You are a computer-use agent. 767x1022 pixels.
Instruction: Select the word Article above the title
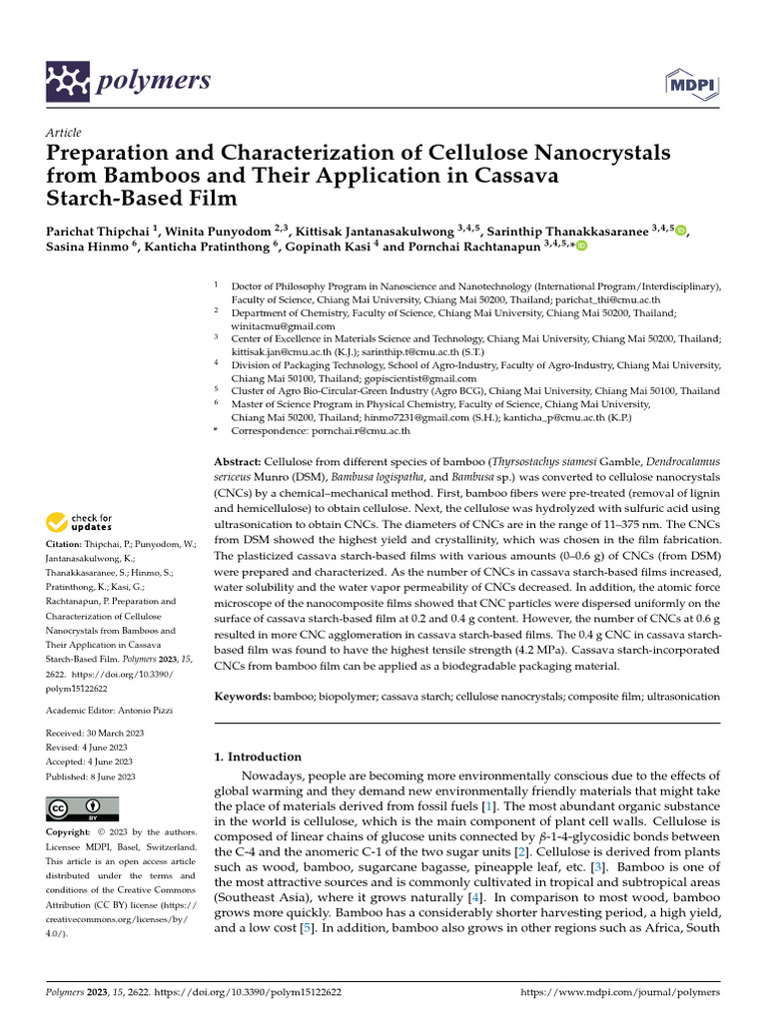(64, 133)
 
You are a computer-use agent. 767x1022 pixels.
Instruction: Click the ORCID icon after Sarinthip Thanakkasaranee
(682, 232)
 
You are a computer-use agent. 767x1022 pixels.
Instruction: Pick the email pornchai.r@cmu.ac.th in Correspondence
(364, 431)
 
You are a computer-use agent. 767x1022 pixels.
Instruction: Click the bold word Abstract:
(239, 463)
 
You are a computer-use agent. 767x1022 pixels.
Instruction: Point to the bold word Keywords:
(244, 696)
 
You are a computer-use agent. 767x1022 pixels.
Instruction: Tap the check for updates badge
(80, 522)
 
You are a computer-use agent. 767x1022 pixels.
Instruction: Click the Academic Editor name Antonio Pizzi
(139, 710)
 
